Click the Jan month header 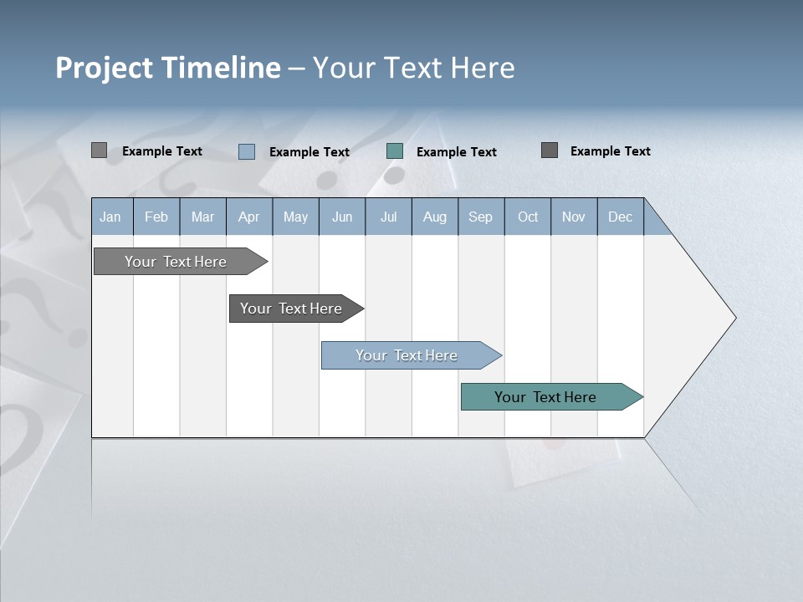pyautogui.click(x=110, y=217)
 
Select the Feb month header pyautogui.click(x=156, y=217)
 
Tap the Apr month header pyautogui.click(x=248, y=217)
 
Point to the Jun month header pyautogui.click(x=342, y=217)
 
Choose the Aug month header pyautogui.click(x=435, y=217)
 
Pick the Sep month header pyautogui.click(x=480, y=217)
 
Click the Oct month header pyautogui.click(x=528, y=217)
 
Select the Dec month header pyautogui.click(x=620, y=217)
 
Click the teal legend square pyautogui.click(x=395, y=151)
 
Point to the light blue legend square pyautogui.click(x=247, y=151)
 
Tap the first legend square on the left pyautogui.click(x=100, y=150)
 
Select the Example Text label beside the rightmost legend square pyautogui.click(x=610, y=151)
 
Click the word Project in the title pyautogui.click(x=105, y=68)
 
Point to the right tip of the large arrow pyautogui.click(x=734, y=318)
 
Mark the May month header pyautogui.click(x=295, y=217)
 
